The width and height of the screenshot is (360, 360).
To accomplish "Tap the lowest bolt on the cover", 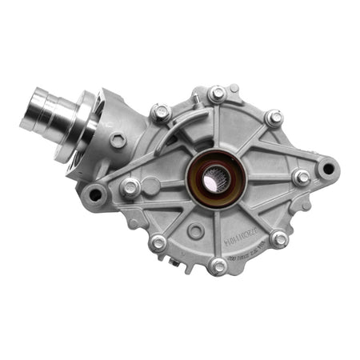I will pos(218,266).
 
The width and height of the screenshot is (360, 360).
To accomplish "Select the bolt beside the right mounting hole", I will pos(301,178).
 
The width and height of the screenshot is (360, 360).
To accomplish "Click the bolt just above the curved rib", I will pos(160,112).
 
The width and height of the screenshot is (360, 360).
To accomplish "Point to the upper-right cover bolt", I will pos(274,118).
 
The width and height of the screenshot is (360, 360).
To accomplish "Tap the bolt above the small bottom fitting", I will pos(158,242).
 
